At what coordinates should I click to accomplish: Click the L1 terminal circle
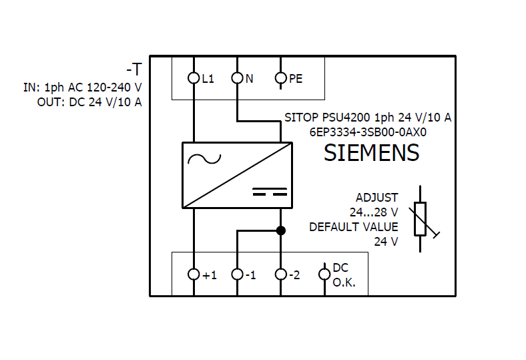pyautogui.click(x=194, y=78)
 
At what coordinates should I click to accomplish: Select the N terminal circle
pyautogui.click(x=238, y=78)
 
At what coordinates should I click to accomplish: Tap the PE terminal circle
pyautogui.click(x=281, y=78)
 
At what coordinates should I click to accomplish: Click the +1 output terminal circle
pyautogui.click(x=194, y=274)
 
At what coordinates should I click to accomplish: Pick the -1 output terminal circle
pyautogui.click(x=238, y=274)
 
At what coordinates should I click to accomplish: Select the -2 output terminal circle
pyautogui.click(x=281, y=274)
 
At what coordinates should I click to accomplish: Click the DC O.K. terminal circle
pyautogui.click(x=324, y=274)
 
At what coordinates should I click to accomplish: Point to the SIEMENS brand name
pyautogui.click(x=371, y=153)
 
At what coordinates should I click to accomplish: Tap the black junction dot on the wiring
pyautogui.click(x=281, y=230)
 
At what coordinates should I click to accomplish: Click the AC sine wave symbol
pyautogui.click(x=204, y=159)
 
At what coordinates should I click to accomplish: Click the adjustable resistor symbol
pyautogui.click(x=421, y=219)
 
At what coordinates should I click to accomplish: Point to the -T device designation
pyautogui.click(x=134, y=69)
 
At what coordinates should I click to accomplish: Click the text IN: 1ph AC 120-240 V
pyautogui.click(x=83, y=87)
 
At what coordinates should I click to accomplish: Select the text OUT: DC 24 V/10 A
pyautogui.click(x=89, y=102)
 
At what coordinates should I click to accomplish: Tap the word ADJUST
pyautogui.click(x=376, y=198)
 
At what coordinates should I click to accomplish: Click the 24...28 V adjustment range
pyautogui.click(x=374, y=212)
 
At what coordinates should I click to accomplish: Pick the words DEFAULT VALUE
pyautogui.click(x=353, y=227)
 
